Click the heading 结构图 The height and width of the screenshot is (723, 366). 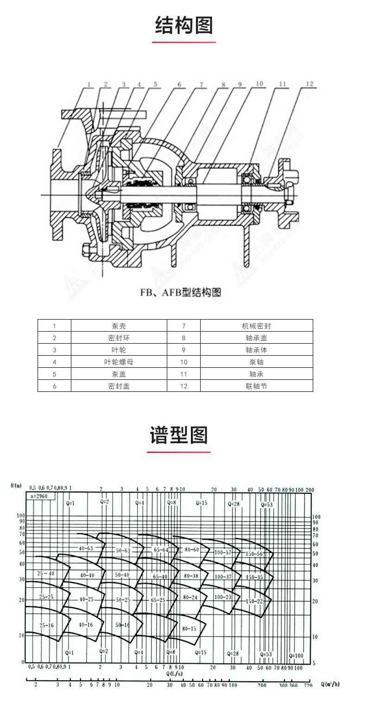pos(183,25)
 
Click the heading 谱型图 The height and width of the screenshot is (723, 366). pos(179,435)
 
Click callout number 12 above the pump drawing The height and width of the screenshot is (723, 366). pos(309,84)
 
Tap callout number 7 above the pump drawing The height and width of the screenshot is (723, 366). pos(202,84)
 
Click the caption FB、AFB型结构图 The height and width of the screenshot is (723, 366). pos(181,293)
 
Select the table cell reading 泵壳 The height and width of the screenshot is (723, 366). pos(119,326)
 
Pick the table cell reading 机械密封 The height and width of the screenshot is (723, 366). pos(256,326)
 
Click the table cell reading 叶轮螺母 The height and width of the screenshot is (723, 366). pos(119,362)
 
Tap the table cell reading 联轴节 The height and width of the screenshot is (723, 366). pos(256,386)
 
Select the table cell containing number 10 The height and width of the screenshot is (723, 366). pos(183,362)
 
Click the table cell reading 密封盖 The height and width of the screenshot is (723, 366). pos(119,386)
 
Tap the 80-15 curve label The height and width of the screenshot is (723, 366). pos(189,629)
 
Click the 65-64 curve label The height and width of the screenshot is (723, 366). pos(161,550)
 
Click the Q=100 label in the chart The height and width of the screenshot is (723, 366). pos(296,655)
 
